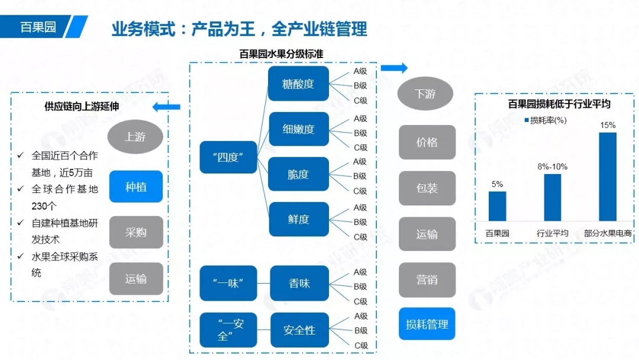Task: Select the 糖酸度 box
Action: pyautogui.click(x=298, y=83)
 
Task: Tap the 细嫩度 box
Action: pyautogui.click(x=298, y=129)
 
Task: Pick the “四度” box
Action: pyautogui.click(x=228, y=157)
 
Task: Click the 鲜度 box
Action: pyautogui.click(x=298, y=219)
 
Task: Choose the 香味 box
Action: pyautogui.click(x=299, y=283)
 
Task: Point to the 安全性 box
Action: pyautogui.click(x=299, y=330)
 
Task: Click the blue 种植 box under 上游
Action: pyautogui.click(x=135, y=187)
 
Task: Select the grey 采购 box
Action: pyautogui.click(x=135, y=232)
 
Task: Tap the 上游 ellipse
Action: pyautogui.click(x=135, y=137)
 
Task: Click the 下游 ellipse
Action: pyautogui.click(x=425, y=94)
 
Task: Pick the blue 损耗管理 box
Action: pyautogui.click(x=427, y=324)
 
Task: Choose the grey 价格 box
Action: pyautogui.click(x=427, y=142)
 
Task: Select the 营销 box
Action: pyautogui.click(x=427, y=279)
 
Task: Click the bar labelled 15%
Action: pyautogui.click(x=608, y=176)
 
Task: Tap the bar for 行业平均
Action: pyautogui.click(x=552, y=197)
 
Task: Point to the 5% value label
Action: pyautogui.click(x=497, y=184)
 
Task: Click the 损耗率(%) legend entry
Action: pyautogui.click(x=545, y=121)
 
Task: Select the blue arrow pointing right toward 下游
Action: pyautogui.click(x=394, y=68)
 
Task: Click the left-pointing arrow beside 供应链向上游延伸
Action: pyautogui.click(x=166, y=107)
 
